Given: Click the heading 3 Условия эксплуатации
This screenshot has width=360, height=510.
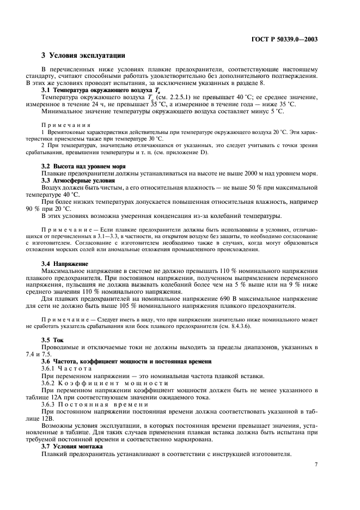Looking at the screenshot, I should tap(83, 55).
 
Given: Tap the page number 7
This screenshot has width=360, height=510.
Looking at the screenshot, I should tap(316, 464).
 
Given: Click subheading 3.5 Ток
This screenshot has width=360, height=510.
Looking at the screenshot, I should tap(53, 355).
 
